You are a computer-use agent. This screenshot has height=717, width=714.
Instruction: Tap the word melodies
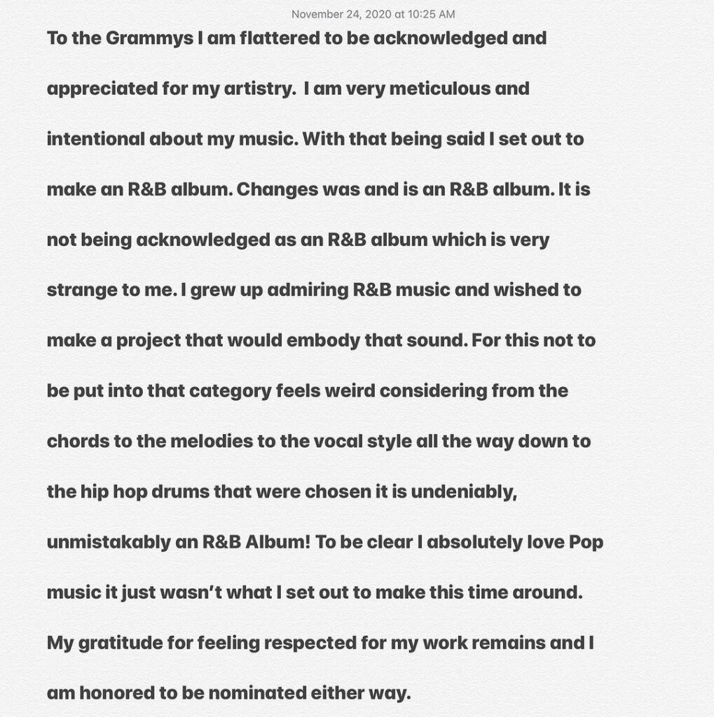point(202,441)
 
